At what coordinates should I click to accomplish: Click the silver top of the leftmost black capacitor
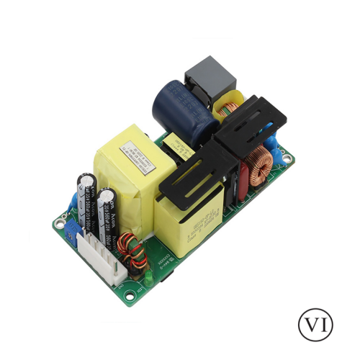point(87,176)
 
